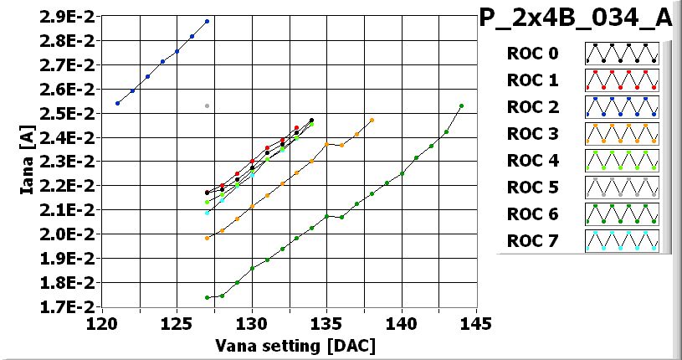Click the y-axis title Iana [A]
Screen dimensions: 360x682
coord(27,161)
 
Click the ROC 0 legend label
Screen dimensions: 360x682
coord(532,54)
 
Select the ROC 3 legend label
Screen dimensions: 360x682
coord(532,134)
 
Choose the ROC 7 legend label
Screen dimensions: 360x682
coord(532,242)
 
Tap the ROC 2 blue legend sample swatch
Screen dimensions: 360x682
coord(622,107)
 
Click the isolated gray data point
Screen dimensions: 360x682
coord(207,105)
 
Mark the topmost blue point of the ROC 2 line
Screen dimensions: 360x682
coord(207,21)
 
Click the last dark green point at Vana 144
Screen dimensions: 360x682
coord(461,106)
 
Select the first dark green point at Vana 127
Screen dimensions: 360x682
coord(207,297)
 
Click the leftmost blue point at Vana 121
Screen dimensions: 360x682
coord(117,103)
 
